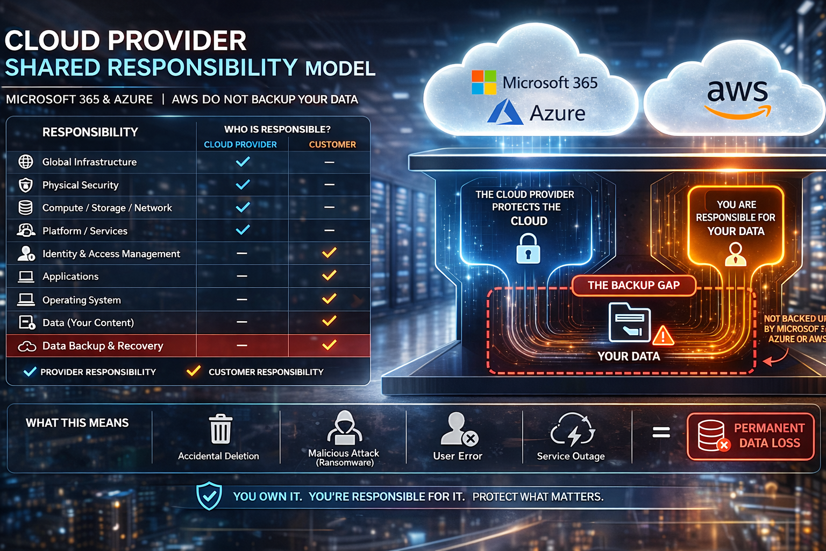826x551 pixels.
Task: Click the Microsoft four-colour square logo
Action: tap(484, 82)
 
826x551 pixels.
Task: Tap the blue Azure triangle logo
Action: tap(505, 112)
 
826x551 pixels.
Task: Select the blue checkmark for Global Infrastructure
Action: tap(243, 161)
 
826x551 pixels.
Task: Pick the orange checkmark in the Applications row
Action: tap(329, 275)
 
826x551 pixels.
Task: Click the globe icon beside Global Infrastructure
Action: tap(26, 161)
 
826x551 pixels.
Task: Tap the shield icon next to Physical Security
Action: tap(26, 185)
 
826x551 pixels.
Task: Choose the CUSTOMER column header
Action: tap(332, 144)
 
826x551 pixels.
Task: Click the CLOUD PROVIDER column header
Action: tap(240, 144)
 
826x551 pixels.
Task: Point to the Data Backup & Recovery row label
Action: tap(102, 346)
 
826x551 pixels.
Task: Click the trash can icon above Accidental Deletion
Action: tap(220, 429)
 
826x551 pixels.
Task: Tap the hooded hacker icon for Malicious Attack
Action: tap(344, 428)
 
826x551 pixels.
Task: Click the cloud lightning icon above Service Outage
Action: tap(572, 430)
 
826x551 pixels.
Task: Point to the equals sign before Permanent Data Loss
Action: tap(661, 432)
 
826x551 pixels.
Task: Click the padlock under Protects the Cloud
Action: tap(528, 249)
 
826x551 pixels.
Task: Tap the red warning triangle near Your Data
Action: tap(664, 336)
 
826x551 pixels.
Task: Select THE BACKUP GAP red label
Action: tap(633, 285)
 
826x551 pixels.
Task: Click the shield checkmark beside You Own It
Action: tap(209, 496)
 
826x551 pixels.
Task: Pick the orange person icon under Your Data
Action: tap(735, 254)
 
